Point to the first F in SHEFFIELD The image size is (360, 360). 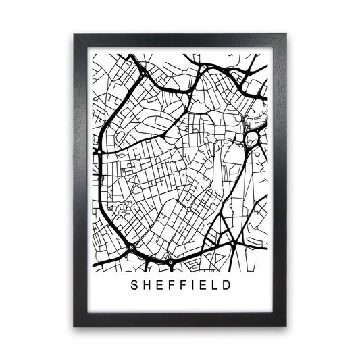tap(170, 285)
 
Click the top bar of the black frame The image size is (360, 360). tap(180, 40)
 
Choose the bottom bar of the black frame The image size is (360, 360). tap(180, 319)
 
